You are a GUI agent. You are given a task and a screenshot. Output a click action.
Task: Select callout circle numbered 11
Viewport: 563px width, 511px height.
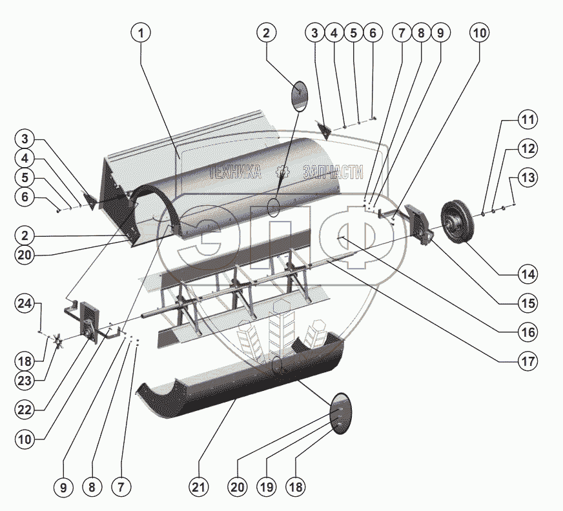(x=528, y=121)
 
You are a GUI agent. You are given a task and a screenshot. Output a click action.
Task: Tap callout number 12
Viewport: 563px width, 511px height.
(x=528, y=149)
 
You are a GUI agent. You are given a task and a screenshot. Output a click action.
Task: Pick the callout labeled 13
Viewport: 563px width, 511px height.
(x=528, y=177)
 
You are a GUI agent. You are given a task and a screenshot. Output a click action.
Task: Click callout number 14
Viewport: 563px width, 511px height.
(x=528, y=274)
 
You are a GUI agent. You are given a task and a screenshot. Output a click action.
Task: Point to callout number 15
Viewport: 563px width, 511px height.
(x=528, y=303)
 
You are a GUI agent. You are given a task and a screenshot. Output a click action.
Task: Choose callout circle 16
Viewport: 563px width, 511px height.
(x=528, y=332)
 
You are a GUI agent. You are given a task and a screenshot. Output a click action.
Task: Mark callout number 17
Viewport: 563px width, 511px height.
(x=528, y=361)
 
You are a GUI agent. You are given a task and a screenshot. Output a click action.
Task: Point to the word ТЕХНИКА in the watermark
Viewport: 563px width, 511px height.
(x=236, y=172)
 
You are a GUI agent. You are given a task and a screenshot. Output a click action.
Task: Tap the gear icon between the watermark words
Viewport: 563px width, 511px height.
(x=281, y=172)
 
